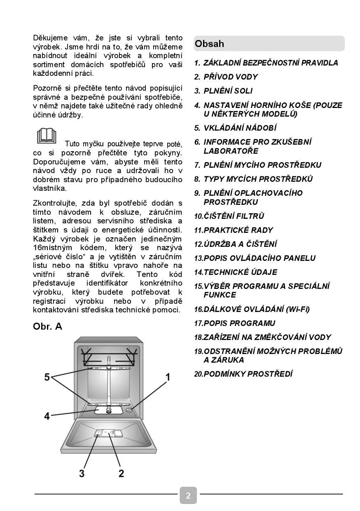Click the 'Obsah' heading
point(210,44)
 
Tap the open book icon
point(47,136)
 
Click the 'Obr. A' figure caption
point(47,326)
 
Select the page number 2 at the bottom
point(188,495)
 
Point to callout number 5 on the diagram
point(47,377)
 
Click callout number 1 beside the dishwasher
point(168,377)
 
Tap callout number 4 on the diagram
point(47,416)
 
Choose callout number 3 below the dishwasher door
point(82,473)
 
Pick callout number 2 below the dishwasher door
point(121,473)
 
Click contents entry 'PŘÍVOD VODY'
point(231,77)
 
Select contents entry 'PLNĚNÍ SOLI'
point(228,91)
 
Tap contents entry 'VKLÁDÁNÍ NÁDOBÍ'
point(240,128)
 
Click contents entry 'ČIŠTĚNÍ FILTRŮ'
point(234,216)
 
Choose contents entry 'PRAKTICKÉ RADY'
point(238,230)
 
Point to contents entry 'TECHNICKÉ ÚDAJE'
point(241,272)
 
